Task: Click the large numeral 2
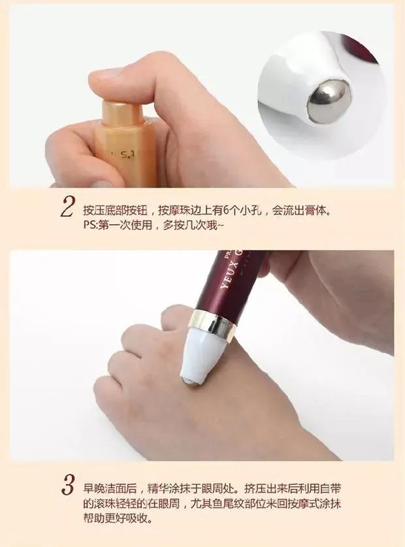pyautogui.click(x=67, y=207)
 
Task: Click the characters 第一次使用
pyautogui.click(x=125, y=225)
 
